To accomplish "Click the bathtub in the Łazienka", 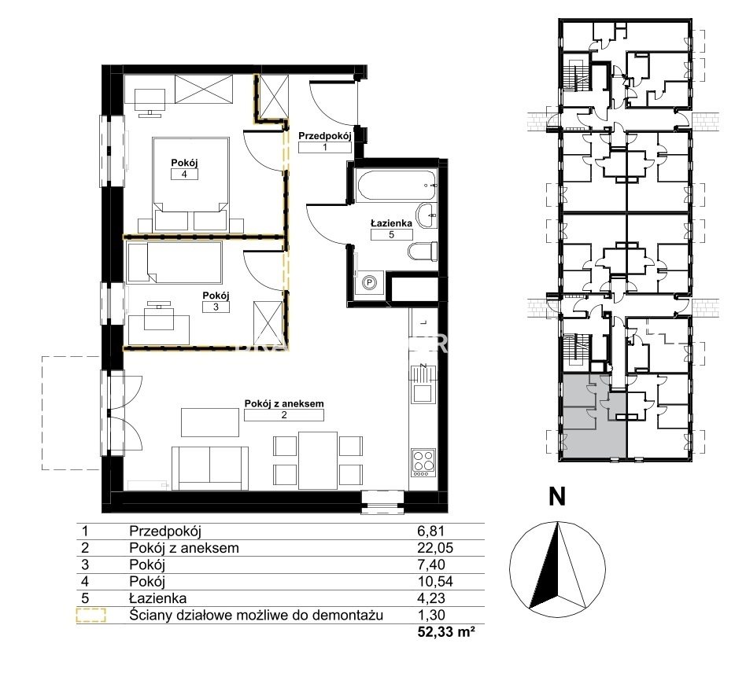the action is click(397, 186).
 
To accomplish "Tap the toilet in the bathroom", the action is click(423, 252).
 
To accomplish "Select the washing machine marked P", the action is click(369, 282).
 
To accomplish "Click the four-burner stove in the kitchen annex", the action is click(423, 462).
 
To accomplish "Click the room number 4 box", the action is click(184, 175).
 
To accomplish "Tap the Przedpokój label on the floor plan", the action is click(325, 136).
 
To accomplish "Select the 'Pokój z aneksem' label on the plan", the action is click(284, 403).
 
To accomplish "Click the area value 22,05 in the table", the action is click(435, 548).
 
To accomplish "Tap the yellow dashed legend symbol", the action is click(91, 615).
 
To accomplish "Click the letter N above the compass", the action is click(557, 496).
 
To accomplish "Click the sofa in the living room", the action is click(210, 468).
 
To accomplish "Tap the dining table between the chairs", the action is click(318, 461).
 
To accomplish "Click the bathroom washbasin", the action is click(427, 216).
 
